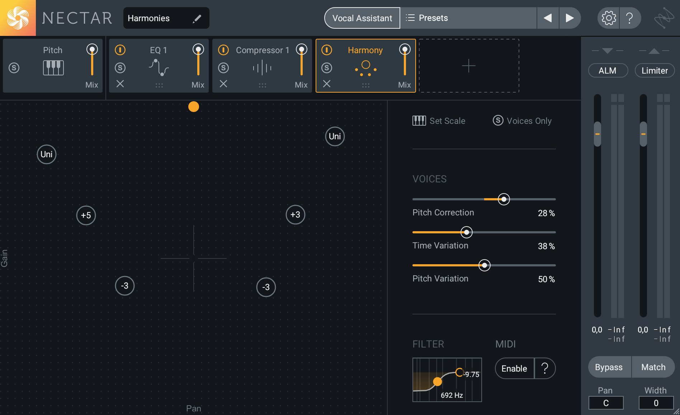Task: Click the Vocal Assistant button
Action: (x=362, y=18)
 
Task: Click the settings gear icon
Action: (x=609, y=18)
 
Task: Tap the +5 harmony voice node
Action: (x=86, y=215)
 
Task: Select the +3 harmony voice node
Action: (x=295, y=215)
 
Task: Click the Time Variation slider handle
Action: (x=466, y=232)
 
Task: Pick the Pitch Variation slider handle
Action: (x=484, y=265)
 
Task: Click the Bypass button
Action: (x=609, y=367)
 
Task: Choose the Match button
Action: (x=653, y=367)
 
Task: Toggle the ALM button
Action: (x=608, y=71)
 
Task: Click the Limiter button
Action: (x=655, y=71)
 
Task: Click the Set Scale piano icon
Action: (x=419, y=121)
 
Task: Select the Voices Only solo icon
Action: (x=498, y=120)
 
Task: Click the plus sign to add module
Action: (x=468, y=66)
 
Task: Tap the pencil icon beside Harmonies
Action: (x=197, y=19)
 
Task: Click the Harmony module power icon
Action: (x=326, y=50)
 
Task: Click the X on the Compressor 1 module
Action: (x=223, y=84)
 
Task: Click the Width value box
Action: (x=656, y=403)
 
